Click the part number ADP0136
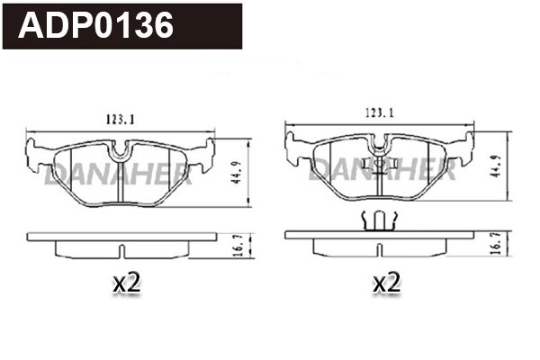tap(97, 25)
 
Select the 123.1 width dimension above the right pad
tap(381, 113)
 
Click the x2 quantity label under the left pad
tap(128, 283)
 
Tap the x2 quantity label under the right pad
tap(386, 283)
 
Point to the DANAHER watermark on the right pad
tap(381, 169)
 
